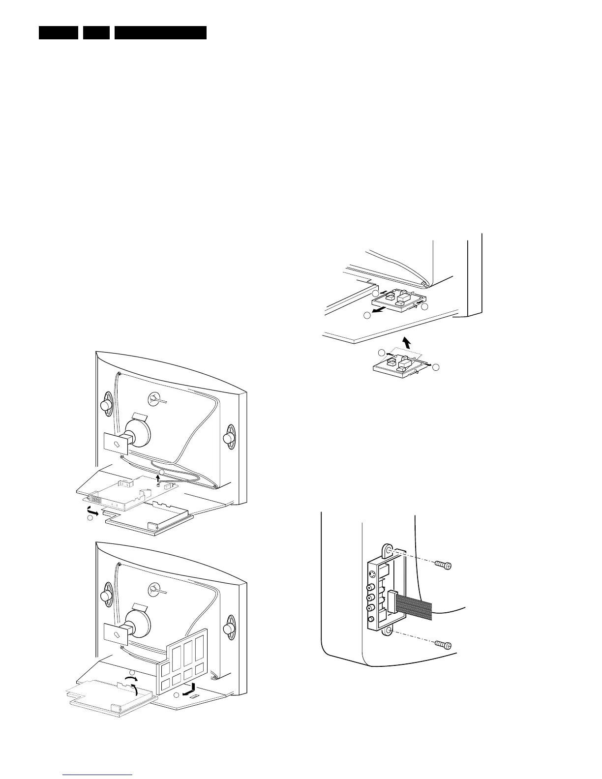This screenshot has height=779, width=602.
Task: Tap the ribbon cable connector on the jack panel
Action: (392, 601)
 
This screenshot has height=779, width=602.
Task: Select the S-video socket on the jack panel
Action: (372, 574)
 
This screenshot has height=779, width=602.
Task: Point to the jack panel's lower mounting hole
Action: (389, 630)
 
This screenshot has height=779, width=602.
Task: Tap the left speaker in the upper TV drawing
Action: (105, 405)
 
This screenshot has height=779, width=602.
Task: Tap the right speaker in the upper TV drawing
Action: (229, 438)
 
